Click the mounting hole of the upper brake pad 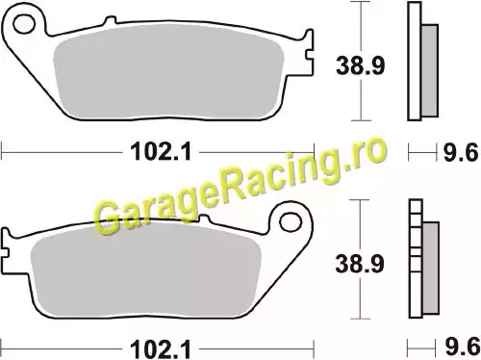pyautogui.click(x=24, y=24)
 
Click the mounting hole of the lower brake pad pyautogui.click(x=291, y=222)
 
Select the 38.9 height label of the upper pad pyautogui.click(x=360, y=65)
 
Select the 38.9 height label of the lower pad pyautogui.click(x=360, y=264)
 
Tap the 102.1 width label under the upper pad pyautogui.click(x=161, y=151)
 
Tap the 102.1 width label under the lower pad pyautogui.click(x=161, y=349)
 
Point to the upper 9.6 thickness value pyautogui.click(x=461, y=152)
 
